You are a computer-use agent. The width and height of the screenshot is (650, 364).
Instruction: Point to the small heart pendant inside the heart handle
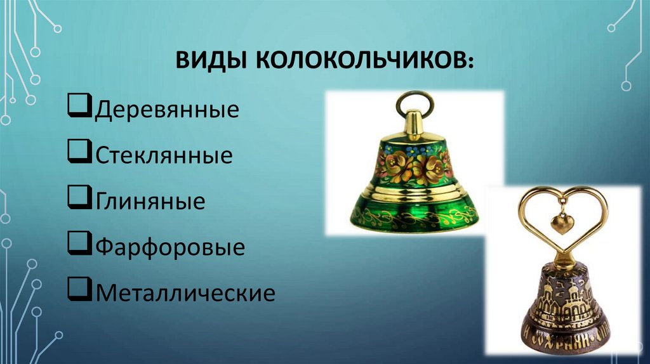coord(562,223)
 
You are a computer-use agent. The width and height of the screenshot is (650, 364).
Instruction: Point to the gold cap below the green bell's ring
coord(415,126)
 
